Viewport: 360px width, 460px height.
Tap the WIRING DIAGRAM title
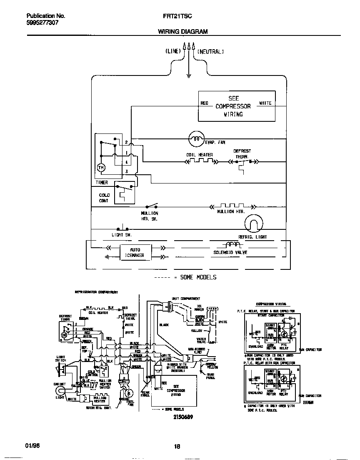[x=182, y=32]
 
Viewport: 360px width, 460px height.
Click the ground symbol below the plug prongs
[x=189, y=75]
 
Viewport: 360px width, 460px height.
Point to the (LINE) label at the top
[x=173, y=51]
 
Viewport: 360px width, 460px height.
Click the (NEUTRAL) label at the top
[x=210, y=51]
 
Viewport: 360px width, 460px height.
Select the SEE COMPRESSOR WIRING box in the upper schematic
[x=236, y=106]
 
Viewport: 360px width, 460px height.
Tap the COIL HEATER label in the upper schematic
[x=199, y=155]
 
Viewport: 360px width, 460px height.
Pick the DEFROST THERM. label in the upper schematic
[x=242, y=154]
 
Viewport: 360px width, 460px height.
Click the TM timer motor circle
[x=101, y=167]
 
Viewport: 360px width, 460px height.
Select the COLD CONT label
[x=104, y=198]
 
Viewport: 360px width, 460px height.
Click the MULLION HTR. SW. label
[x=150, y=216]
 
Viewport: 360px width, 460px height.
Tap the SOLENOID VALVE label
[x=230, y=253]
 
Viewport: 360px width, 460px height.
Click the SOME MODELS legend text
[x=198, y=277]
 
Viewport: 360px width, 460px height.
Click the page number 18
[x=177, y=447]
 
